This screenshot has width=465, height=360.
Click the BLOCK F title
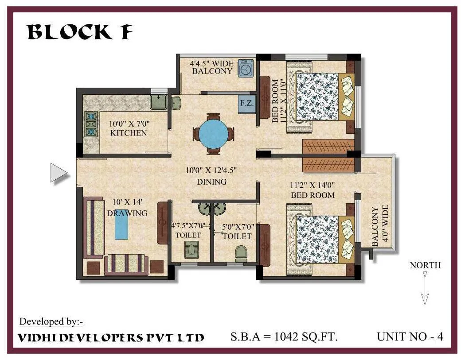[79, 32]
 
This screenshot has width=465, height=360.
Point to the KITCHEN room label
[129, 133]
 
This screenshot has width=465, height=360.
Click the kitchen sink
[158, 102]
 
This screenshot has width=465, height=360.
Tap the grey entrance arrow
[58, 173]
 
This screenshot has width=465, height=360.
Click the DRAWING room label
[127, 213]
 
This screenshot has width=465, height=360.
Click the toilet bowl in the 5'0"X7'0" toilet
[241, 253]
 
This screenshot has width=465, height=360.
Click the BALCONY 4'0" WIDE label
[380, 225]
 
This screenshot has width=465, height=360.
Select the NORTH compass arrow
[425, 288]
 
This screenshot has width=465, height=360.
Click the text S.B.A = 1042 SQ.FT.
[284, 337]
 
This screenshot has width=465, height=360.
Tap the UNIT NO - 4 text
[410, 337]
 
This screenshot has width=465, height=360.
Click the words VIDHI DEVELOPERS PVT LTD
[111, 337]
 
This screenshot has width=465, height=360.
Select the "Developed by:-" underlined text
[51, 321]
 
